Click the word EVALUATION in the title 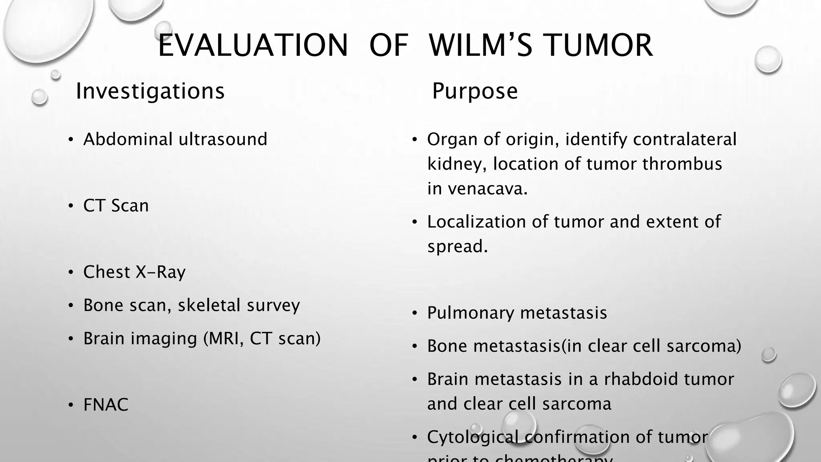(x=253, y=45)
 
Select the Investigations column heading (x=150, y=91)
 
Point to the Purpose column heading (x=475, y=91)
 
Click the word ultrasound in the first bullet (x=223, y=140)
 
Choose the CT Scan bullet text (x=116, y=206)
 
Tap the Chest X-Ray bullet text (x=134, y=272)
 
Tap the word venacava (x=487, y=189)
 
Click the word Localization (x=477, y=222)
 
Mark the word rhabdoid (x=640, y=379)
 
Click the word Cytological (x=473, y=437)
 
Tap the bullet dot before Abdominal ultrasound (x=71, y=140)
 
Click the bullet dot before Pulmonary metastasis (x=415, y=313)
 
